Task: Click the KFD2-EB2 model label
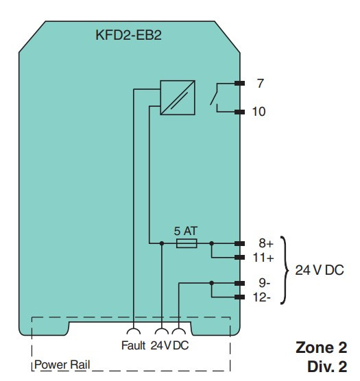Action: click(129, 35)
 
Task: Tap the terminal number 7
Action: click(261, 84)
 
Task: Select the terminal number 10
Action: click(259, 112)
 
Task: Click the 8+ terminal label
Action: click(266, 243)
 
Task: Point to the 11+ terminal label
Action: click(263, 258)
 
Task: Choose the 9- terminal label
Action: click(265, 283)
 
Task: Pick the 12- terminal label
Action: click(262, 297)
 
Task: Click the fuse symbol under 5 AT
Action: click(187, 243)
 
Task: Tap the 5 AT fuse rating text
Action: click(186, 231)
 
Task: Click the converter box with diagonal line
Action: click(178, 97)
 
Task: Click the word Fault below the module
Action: click(133, 345)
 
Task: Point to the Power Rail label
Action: click(62, 365)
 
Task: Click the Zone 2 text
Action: click(322, 347)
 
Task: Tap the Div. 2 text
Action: click(327, 367)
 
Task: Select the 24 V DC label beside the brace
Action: click(320, 270)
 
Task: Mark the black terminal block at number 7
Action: click(240, 84)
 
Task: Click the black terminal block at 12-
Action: click(240, 297)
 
